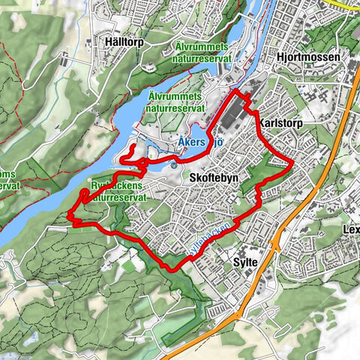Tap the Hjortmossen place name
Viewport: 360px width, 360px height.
tap(308, 57)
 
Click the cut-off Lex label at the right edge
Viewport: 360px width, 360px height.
tap(350, 229)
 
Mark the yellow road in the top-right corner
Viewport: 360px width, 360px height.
tap(346, 5)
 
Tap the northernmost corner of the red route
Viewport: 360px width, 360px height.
tap(237, 91)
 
